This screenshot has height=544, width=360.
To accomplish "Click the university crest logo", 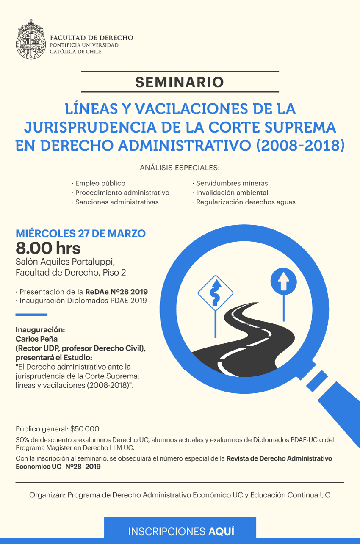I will [x=31, y=39].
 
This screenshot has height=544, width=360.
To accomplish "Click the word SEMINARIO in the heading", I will [x=180, y=82].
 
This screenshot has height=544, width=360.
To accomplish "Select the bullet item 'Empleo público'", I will [x=100, y=183].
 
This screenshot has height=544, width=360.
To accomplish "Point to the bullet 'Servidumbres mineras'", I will [x=231, y=183].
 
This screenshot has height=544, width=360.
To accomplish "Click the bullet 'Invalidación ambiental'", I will [x=232, y=193].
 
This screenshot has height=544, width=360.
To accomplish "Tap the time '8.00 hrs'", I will [x=48, y=248].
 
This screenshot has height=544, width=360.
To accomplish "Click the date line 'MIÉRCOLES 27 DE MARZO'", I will [x=80, y=233].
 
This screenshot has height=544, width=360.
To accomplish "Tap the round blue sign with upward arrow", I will [x=283, y=281].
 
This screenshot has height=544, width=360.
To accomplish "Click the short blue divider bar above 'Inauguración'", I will [x=31, y=315].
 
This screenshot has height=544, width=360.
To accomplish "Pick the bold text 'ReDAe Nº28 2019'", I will [x=116, y=292].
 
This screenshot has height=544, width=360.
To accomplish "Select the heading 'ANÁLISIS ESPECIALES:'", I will [x=180, y=168].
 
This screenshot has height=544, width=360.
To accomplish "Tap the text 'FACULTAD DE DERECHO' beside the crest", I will [x=91, y=38].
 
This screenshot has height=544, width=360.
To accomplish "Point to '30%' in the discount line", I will [x=22, y=440].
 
